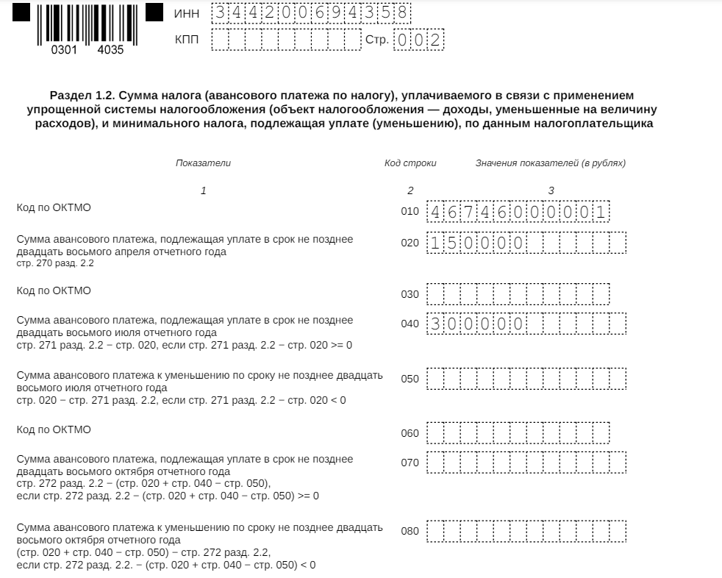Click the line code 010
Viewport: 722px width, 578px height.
[x=410, y=213]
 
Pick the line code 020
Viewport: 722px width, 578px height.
[x=410, y=243]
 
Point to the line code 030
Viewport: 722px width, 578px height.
[x=410, y=294]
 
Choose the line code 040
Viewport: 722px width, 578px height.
[x=410, y=324]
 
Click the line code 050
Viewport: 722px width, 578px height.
[x=410, y=379]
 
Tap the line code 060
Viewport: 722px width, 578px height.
[x=410, y=433]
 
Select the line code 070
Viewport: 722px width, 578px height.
[x=410, y=463]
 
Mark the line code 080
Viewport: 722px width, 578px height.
[x=410, y=531]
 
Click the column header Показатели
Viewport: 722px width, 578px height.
[x=203, y=163]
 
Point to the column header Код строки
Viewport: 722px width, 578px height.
[x=410, y=163]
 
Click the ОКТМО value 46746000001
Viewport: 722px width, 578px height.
[x=519, y=213]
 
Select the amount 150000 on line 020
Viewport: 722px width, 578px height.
[x=476, y=243]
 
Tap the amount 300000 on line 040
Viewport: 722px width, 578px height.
[x=476, y=324]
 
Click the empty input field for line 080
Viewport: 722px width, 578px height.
[x=526, y=531]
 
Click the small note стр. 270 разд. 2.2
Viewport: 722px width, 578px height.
[x=55, y=263]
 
